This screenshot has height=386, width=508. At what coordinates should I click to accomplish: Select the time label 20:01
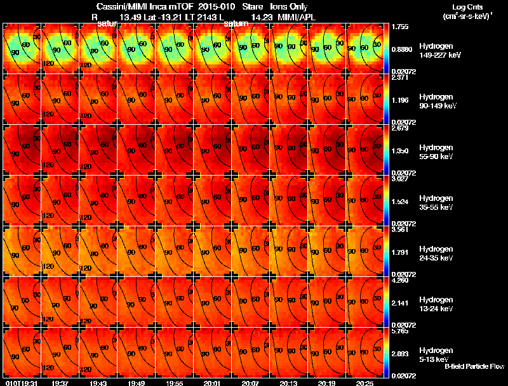coord(213,383)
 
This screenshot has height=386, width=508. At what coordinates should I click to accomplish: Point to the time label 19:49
coord(137,383)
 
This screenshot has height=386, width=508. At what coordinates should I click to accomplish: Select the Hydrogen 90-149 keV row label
coord(436,101)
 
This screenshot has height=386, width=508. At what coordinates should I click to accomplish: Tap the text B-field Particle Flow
coord(474,366)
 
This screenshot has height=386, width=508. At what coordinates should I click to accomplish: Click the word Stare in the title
coord(253,6)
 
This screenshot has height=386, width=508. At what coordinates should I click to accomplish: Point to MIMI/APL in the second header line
coord(296,17)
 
